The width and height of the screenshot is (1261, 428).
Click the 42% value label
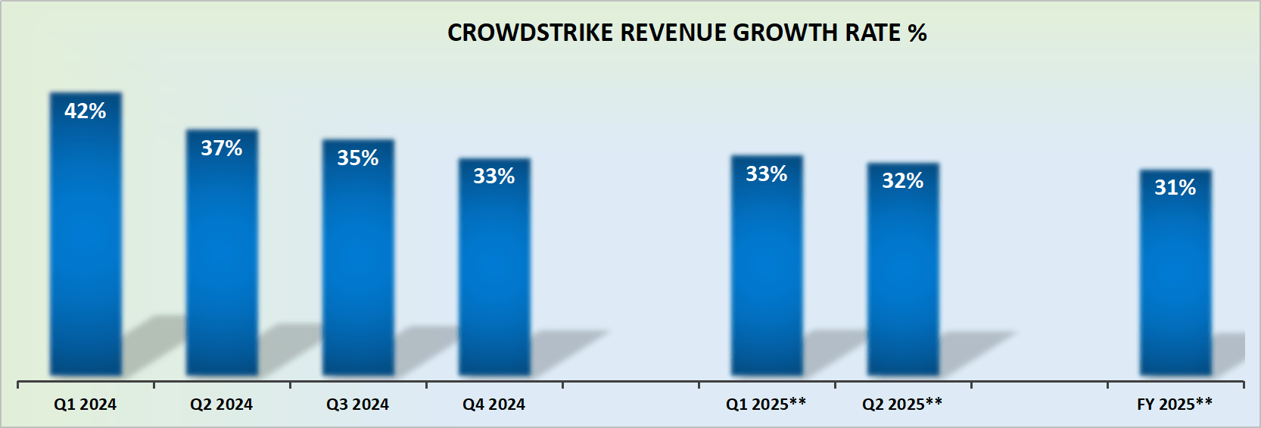click(86, 111)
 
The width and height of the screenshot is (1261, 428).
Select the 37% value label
click(222, 148)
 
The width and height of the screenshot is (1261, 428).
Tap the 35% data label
click(358, 158)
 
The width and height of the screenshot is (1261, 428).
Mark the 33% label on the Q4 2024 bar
click(494, 177)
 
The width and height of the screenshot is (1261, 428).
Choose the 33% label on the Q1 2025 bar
click(767, 174)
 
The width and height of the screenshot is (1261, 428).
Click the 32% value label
click(903, 181)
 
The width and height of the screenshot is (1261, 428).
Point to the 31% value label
click(1175, 188)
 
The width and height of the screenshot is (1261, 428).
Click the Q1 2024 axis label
click(86, 405)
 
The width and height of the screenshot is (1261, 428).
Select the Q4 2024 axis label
click(494, 405)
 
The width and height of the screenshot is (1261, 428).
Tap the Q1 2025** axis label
click(766, 405)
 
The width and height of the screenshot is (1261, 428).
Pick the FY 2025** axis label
click(1175, 405)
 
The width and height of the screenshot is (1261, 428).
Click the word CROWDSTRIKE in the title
click(530, 33)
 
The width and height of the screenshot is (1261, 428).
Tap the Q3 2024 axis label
click(358, 405)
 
